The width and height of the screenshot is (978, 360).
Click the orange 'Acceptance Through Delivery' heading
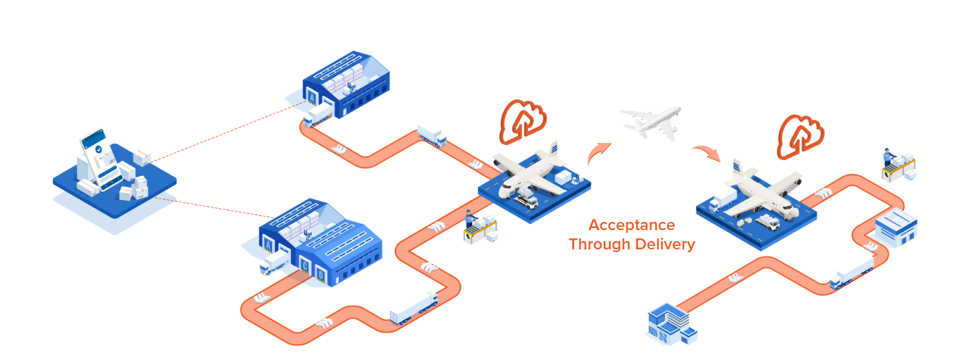(x=632, y=234)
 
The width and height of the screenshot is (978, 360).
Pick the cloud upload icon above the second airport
(x=799, y=134)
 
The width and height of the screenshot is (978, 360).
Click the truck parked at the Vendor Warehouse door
(x=317, y=115)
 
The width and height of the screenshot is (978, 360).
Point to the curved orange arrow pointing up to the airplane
(x=598, y=154)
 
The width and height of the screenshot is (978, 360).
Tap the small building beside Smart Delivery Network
(x=896, y=228)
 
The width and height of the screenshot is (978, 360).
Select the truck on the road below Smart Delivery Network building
(x=852, y=272)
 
